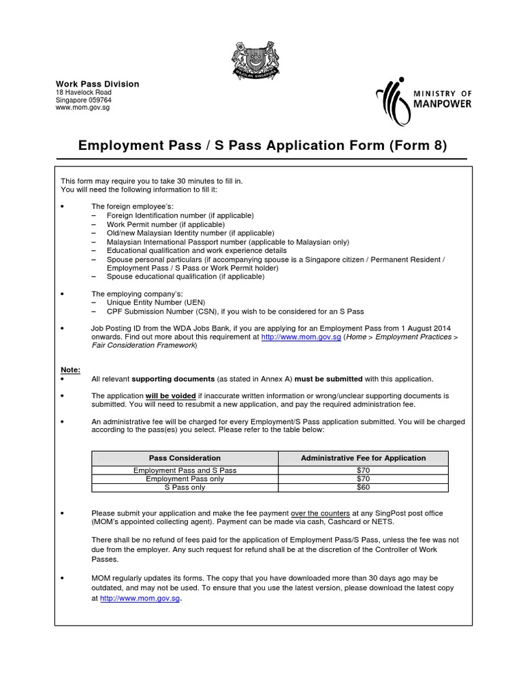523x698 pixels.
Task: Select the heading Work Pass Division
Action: (x=97, y=84)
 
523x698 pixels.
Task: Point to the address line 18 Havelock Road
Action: (x=84, y=93)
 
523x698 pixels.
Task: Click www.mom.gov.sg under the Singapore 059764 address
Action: (x=82, y=108)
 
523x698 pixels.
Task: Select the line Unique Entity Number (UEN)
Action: (x=156, y=302)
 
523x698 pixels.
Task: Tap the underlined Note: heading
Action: (x=71, y=369)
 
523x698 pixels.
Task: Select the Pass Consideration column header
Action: (x=185, y=458)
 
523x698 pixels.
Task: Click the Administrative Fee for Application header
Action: (x=363, y=458)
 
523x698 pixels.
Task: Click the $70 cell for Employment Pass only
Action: (x=363, y=479)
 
